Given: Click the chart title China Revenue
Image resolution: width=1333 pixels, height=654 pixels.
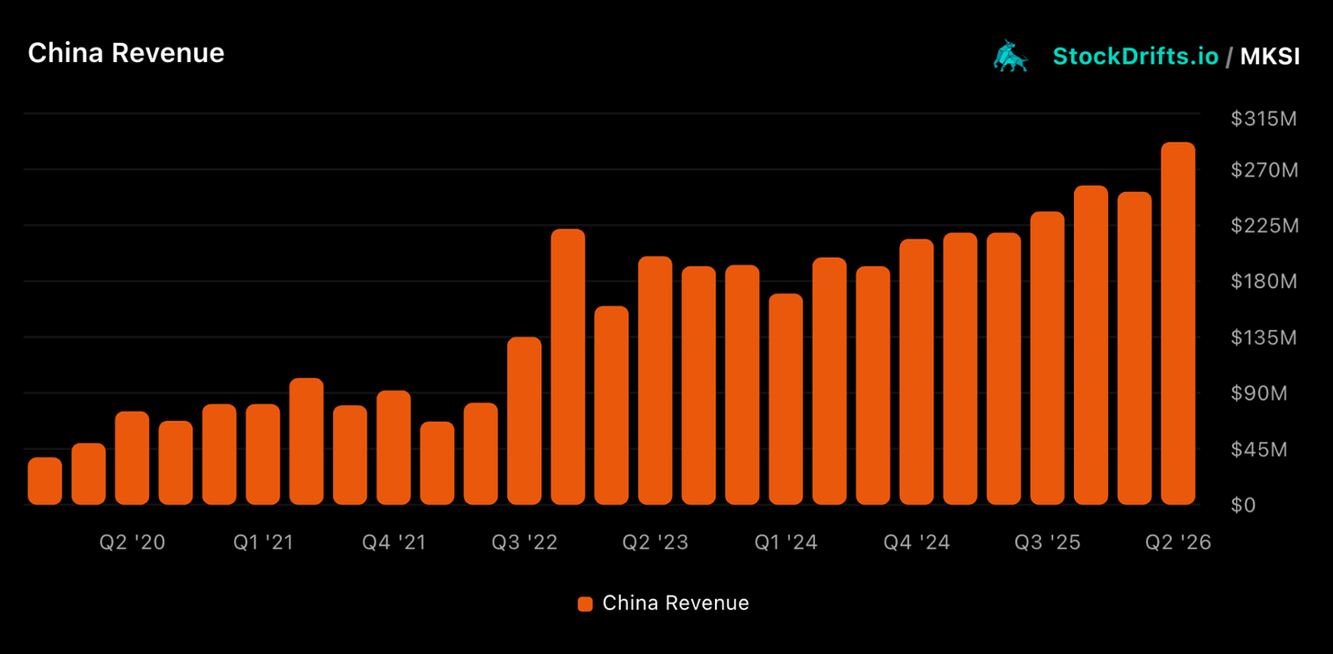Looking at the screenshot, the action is point(126,53).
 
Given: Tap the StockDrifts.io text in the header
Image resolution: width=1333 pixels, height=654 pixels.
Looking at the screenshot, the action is point(1135,57).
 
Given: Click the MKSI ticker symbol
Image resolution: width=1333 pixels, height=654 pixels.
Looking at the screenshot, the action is point(1270,57).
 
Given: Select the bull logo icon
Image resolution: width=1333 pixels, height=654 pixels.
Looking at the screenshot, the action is point(1011,56).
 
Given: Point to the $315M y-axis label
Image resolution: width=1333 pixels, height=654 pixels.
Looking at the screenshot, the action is point(1263,119).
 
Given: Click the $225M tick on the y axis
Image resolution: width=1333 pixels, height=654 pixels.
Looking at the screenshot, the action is point(1264,226).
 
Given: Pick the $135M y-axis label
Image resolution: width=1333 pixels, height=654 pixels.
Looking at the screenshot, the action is point(1263,338).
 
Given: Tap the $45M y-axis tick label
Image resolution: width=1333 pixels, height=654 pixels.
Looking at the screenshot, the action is point(1259,449).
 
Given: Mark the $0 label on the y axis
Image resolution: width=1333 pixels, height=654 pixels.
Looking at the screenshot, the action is point(1243,505).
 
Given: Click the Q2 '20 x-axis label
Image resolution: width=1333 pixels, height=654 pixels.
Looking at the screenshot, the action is point(132,542).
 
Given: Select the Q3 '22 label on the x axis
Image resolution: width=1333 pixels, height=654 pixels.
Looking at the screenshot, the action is point(525,542).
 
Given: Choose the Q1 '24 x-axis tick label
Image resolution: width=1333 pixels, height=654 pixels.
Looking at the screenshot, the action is point(786,542).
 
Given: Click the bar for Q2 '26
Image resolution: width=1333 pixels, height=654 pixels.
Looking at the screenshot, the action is point(1178,324).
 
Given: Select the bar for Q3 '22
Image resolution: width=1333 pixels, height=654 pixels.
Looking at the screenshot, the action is point(525,421).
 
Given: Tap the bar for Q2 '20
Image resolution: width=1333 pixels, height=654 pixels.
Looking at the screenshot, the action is point(132,457).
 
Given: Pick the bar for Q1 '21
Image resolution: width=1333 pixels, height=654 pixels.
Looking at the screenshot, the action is point(263,455).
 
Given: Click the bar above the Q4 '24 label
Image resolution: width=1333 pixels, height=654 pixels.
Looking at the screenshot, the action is point(916,371).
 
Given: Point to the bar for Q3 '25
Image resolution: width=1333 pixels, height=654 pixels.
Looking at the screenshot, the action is point(1047,358).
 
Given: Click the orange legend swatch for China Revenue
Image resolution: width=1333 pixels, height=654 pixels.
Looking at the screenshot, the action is point(585,604).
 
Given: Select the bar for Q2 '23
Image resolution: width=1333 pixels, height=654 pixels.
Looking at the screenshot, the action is point(656,381).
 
